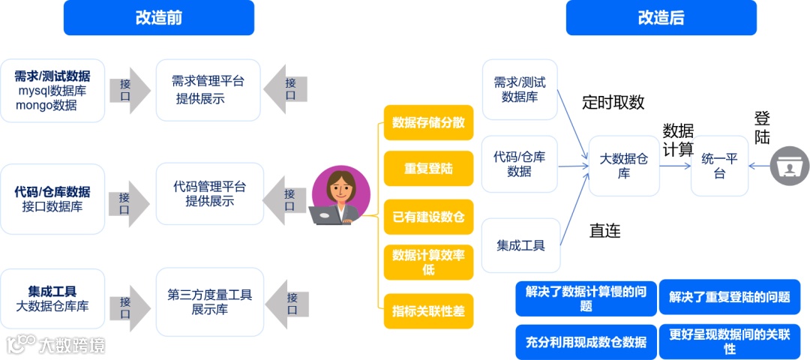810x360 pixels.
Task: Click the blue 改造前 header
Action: click(x=158, y=18)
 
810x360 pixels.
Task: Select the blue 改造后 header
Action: click(x=661, y=18)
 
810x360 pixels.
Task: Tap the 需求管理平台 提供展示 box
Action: click(x=208, y=90)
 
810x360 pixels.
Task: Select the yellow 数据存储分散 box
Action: click(x=428, y=123)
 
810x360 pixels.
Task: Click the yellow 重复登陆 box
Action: click(x=428, y=169)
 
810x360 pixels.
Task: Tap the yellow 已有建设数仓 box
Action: click(x=428, y=217)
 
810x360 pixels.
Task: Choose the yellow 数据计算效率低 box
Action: click(x=428, y=262)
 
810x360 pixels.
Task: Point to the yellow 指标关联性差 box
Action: click(x=428, y=310)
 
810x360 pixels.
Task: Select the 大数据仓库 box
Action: click(x=624, y=166)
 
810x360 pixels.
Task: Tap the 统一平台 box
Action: click(x=719, y=166)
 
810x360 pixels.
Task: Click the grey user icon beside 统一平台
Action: click(x=790, y=166)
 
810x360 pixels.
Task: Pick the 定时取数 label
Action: click(x=613, y=103)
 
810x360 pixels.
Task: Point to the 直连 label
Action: click(x=604, y=231)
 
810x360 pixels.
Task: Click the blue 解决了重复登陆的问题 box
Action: click(x=730, y=298)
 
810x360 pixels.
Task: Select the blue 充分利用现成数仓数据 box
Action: click(x=586, y=342)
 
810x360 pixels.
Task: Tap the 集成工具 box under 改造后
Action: click(x=520, y=245)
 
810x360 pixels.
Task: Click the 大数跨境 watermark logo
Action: click(x=54, y=344)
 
